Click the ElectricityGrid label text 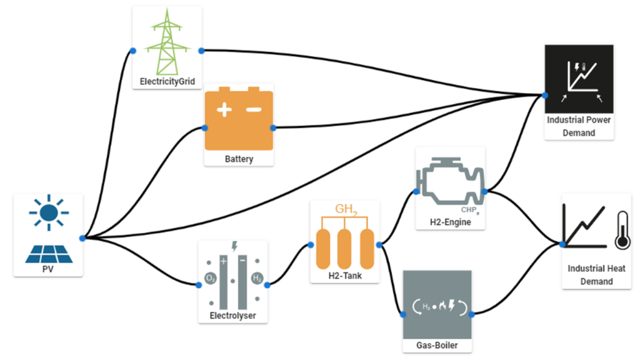167,81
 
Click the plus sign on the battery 224,110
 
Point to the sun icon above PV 47,212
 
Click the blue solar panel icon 48,253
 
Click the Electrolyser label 232,316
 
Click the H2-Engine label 450,222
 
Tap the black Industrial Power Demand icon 579,77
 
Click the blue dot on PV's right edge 82,238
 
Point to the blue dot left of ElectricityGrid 132,51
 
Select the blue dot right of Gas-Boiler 472,314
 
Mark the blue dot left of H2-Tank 311,246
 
